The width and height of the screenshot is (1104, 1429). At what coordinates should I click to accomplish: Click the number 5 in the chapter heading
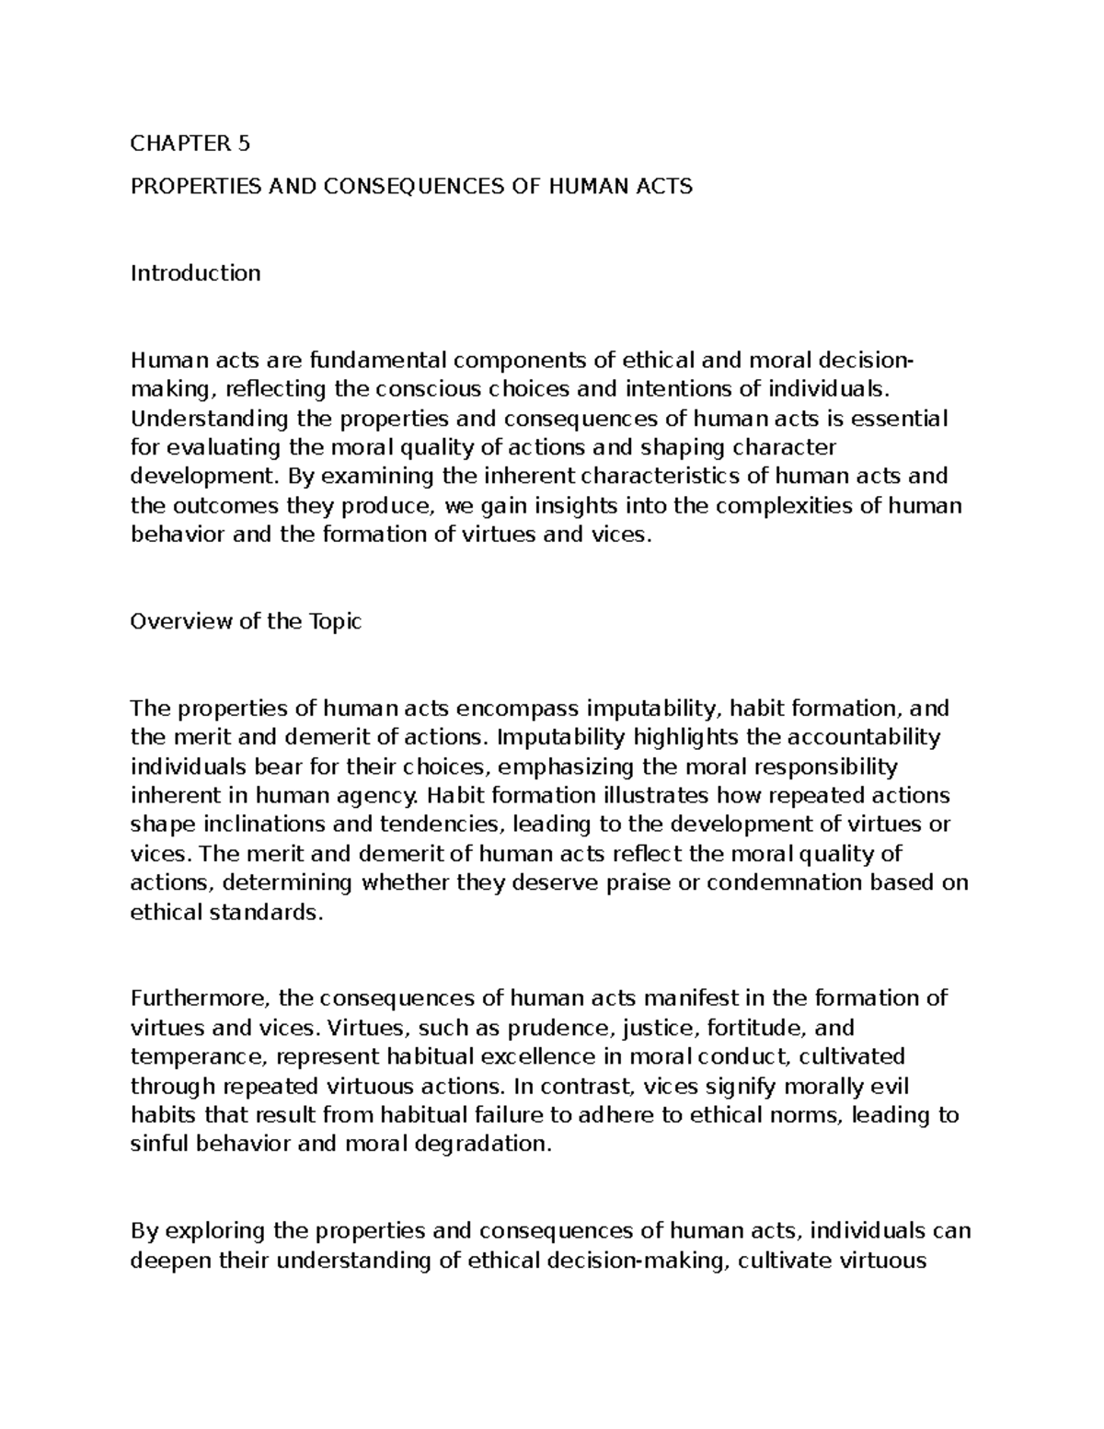[x=243, y=144]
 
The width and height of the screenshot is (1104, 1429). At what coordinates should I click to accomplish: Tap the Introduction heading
[x=196, y=273]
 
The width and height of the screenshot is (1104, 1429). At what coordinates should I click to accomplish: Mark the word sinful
[x=157, y=1145]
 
